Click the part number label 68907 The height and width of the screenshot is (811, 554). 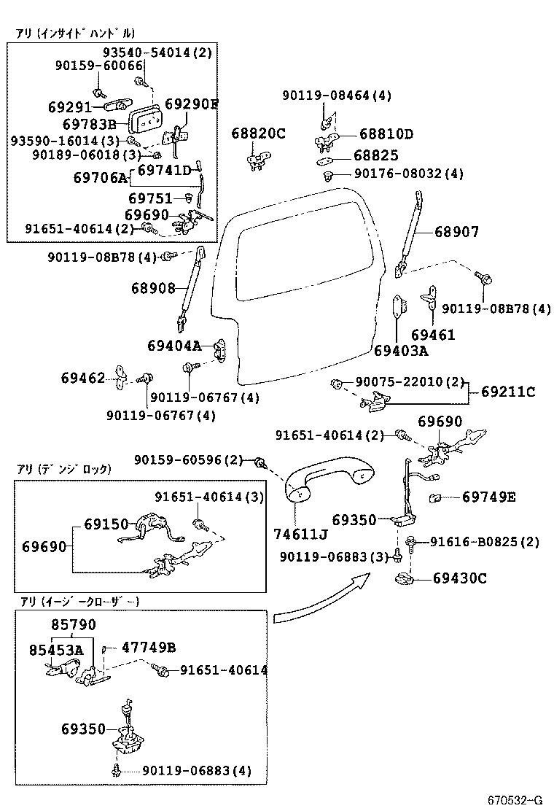tap(457, 232)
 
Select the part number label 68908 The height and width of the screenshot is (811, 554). tap(153, 288)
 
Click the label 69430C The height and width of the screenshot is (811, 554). tap(459, 578)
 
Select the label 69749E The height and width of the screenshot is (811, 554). tap(488, 497)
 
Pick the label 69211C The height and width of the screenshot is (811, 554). tap(508, 392)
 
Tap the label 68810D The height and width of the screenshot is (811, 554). tap(386, 134)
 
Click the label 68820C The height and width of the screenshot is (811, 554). tap(259, 133)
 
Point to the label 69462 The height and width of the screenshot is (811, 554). tap(83, 378)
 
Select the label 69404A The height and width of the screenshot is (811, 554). tap(173, 346)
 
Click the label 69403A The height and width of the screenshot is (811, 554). tap(401, 351)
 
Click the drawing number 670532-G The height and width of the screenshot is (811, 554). tap(515, 799)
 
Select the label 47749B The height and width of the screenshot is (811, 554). tap(149, 647)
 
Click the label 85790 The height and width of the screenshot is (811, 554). tap(73, 625)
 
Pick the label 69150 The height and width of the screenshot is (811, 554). tap(106, 524)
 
